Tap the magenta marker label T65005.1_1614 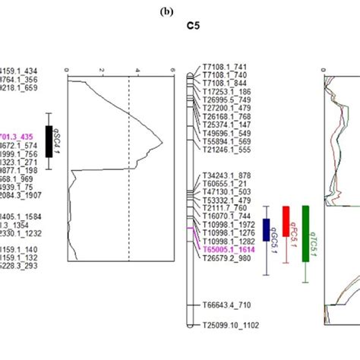click(x=228, y=248)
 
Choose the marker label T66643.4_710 click(x=226, y=305)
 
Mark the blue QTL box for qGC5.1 click(x=267, y=229)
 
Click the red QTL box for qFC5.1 click(x=286, y=219)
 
